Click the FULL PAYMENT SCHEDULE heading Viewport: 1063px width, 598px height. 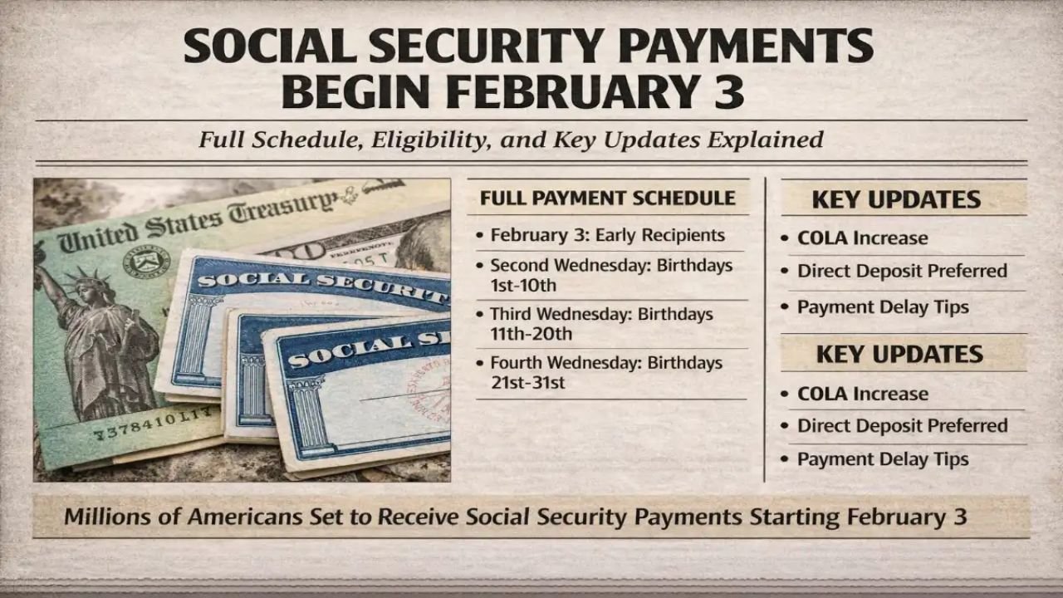(x=607, y=198)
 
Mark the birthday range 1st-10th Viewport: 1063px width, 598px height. (x=522, y=285)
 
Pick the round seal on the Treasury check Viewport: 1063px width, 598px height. (x=146, y=261)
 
